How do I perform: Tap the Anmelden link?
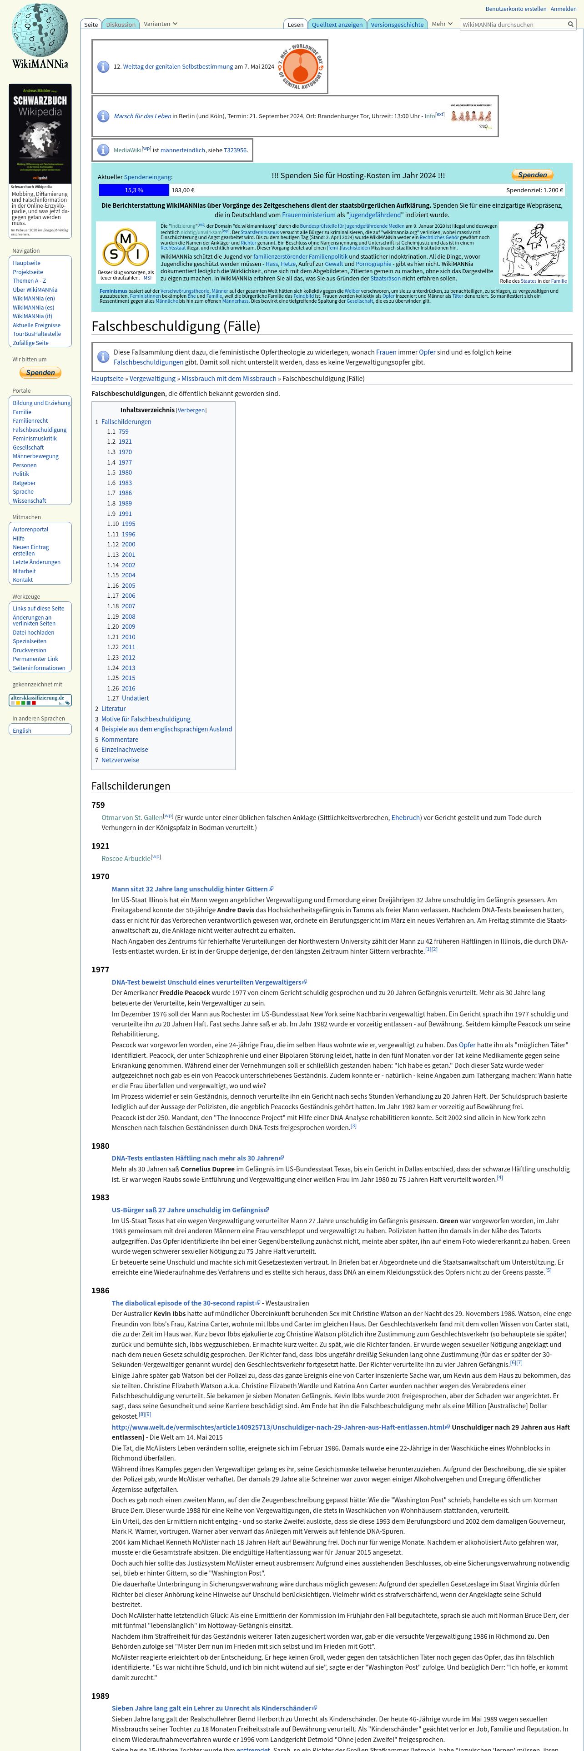[x=563, y=9]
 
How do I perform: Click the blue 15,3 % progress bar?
[x=134, y=190]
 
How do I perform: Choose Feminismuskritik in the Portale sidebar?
[x=35, y=438]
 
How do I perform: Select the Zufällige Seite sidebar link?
[x=30, y=343]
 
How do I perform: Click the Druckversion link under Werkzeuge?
[x=29, y=650]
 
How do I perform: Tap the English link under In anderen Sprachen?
[x=22, y=730]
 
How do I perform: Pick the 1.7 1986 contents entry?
[x=125, y=493]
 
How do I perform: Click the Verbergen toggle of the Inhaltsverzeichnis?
[x=191, y=410]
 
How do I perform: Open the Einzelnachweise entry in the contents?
[x=125, y=750]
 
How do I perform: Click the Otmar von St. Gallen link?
[x=132, y=818]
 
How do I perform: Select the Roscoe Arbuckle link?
[x=126, y=859]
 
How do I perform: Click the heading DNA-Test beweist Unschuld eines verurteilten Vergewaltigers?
[x=206, y=982]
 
